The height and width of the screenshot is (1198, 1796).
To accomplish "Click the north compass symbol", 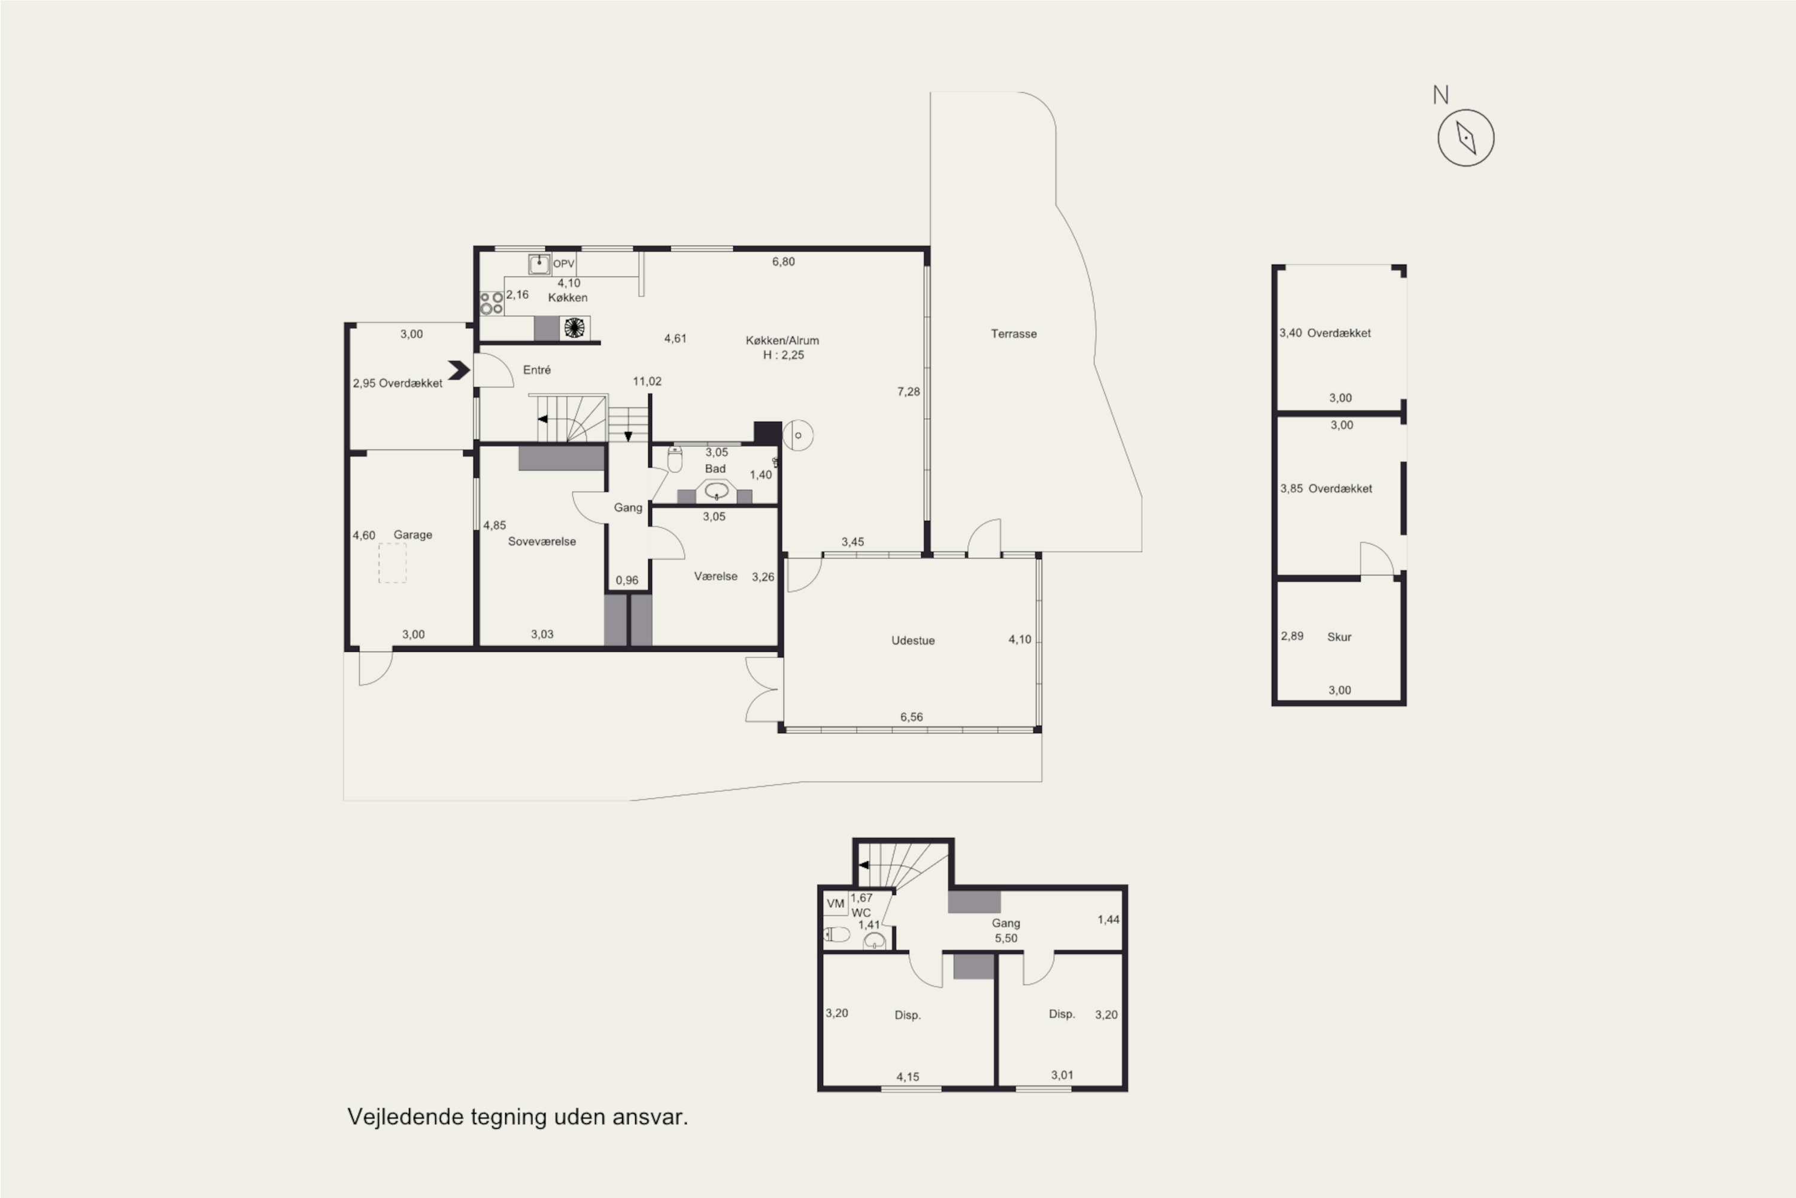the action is coord(1466,138).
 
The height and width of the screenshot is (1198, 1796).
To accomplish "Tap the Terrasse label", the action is coord(1014,334).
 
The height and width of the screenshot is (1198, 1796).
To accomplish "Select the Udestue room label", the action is coord(912,640).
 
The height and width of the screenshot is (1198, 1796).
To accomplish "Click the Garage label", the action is coord(412,535).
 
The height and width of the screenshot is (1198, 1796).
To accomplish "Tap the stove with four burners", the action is coord(491,303).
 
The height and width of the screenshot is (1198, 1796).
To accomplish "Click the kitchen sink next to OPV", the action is coord(539,264).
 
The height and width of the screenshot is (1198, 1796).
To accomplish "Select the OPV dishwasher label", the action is coord(563,264).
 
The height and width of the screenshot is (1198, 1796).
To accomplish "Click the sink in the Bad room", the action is coord(715,491).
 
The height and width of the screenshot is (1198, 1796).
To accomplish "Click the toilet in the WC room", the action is coord(836,934).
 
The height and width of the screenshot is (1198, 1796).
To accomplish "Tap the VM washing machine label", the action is coord(835,904).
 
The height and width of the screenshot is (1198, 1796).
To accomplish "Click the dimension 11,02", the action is coord(647,381).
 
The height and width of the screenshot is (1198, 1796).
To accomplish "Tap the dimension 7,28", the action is coord(908,392).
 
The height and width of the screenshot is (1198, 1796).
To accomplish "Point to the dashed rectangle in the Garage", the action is coord(393,563).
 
